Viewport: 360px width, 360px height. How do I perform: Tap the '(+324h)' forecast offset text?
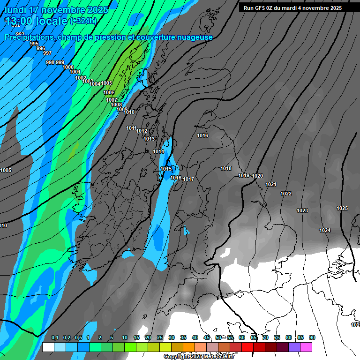click(83, 21)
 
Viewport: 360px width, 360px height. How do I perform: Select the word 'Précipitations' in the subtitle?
click(28, 37)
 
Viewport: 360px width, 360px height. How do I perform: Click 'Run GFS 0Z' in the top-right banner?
click(260, 8)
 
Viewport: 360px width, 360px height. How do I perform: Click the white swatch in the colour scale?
click(48, 347)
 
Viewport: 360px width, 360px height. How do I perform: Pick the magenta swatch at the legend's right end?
click(306, 347)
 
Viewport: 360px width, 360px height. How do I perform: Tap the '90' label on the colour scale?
click(312, 337)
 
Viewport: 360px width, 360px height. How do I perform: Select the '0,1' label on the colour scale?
click(55, 337)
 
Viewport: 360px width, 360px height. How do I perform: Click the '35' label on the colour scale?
click(183, 337)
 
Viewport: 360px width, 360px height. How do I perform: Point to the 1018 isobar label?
click(226, 168)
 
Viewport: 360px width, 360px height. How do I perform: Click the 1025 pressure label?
click(342, 208)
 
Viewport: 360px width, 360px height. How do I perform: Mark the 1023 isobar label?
click(302, 210)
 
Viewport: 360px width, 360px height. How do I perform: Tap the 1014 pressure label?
click(158, 151)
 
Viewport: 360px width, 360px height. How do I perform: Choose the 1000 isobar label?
click(68, 67)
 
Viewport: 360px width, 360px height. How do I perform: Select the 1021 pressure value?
click(271, 184)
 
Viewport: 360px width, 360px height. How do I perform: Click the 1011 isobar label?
click(131, 128)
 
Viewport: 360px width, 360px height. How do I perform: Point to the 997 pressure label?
click(47, 53)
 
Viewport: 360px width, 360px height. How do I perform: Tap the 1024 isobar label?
click(325, 230)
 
